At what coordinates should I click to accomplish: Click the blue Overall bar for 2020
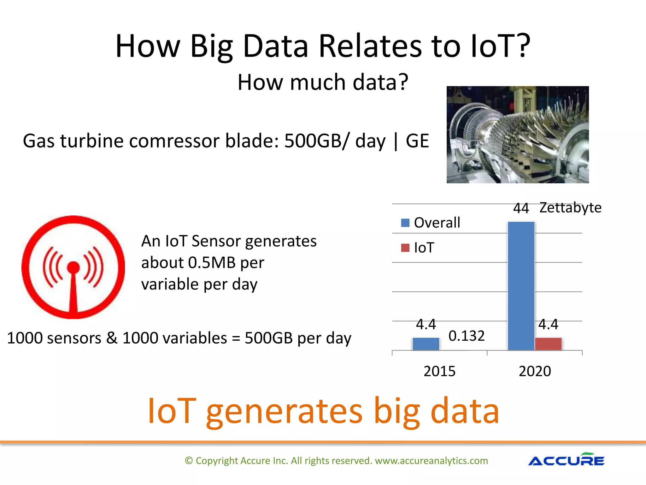(521, 286)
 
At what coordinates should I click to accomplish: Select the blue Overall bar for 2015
(426, 344)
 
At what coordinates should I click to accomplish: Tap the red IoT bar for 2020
(548, 344)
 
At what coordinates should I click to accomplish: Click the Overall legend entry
(431, 223)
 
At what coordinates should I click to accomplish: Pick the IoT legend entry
(418, 248)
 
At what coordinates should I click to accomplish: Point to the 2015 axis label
(439, 371)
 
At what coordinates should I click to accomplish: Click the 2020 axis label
(535, 371)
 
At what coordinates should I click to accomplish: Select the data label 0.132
(466, 336)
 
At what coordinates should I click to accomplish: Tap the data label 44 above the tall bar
(521, 208)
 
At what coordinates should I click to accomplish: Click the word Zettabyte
(570, 207)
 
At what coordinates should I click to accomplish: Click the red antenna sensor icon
(73, 267)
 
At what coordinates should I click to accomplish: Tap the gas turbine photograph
(517, 135)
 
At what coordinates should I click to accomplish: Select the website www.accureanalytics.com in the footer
(431, 461)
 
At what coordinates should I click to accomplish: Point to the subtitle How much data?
(323, 82)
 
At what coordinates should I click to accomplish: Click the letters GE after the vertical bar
(417, 141)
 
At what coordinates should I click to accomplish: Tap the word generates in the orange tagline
(284, 411)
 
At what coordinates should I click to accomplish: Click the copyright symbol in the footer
(189, 461)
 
